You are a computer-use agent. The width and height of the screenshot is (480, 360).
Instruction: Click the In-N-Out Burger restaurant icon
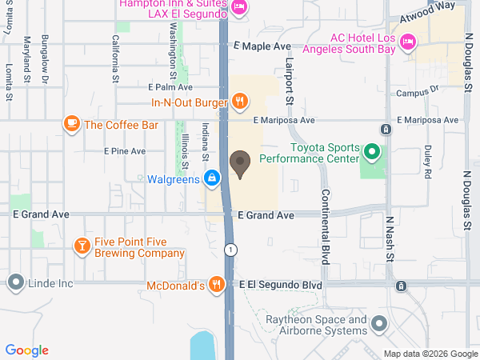(x=238, y=101)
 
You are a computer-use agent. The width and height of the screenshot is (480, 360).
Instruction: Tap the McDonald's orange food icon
(x=216, y=284)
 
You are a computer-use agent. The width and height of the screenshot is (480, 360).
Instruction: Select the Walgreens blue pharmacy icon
(x=212, y=178)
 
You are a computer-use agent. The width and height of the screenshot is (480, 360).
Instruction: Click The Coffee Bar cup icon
(x=71, y=124)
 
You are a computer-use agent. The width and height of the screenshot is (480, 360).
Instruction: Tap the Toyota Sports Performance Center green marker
(x=371, y=150)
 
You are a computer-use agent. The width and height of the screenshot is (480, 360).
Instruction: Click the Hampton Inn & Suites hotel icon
(x=238, y=7)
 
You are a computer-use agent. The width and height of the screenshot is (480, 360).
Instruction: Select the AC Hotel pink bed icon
(x=406, y=40)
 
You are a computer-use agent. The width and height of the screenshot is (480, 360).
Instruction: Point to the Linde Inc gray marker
(x=15, y=282)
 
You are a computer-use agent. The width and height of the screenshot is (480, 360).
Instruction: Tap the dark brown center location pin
(x=239, y=164)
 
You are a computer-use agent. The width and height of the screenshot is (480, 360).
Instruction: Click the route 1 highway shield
(x=230, y=249)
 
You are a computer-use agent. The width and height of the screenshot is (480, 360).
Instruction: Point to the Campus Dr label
(x=418, y=94)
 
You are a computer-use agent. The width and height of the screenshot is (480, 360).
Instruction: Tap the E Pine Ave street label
(x=125, y=150)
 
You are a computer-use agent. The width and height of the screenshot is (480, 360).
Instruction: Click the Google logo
(x=26, y=350)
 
